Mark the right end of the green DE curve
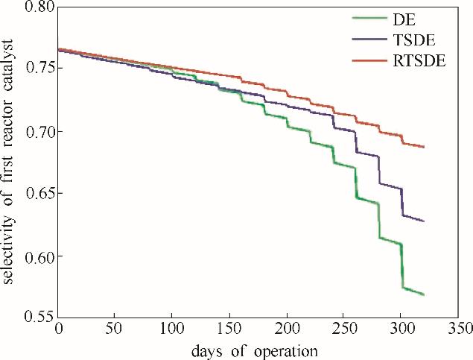click(x=424, y=294)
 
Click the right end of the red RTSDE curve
click(x=424, y=147)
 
